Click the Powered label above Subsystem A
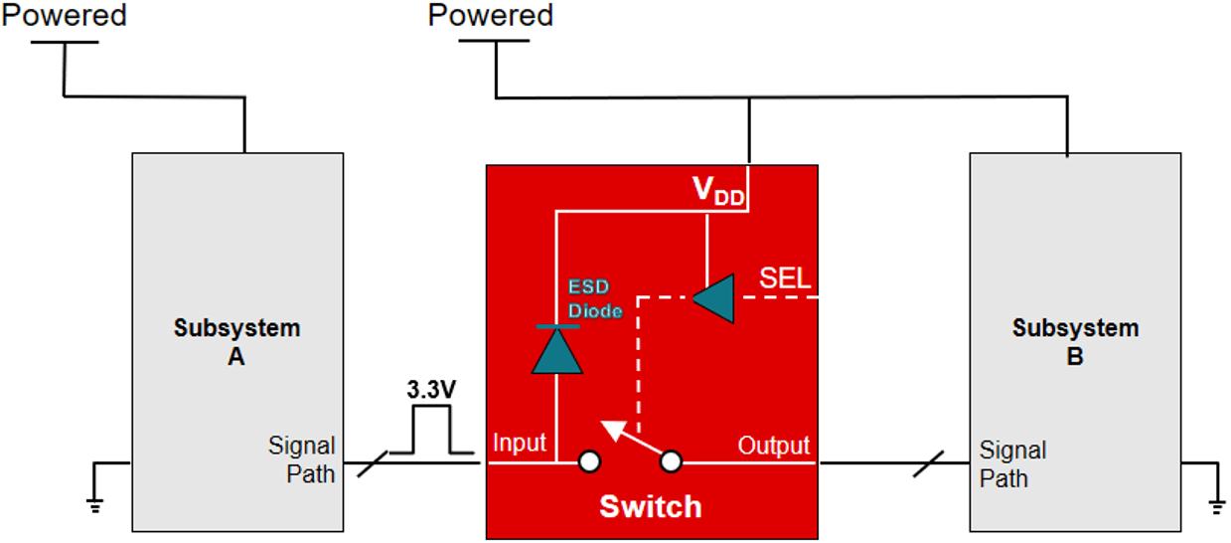coord(66,16)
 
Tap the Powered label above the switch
coord(491,16)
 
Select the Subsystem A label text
coord(236,341)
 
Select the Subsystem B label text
coord(1074,341)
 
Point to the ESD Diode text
coord(595,298)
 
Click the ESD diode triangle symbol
coord(555,349)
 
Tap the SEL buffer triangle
coord(713,298)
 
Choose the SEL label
coord(785,278)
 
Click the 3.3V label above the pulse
coord(431,390)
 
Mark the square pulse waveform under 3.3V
coord(431,433)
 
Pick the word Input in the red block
coord(520,444)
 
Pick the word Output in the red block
coord(773,446)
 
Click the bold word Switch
coord(651,506)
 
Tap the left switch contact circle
coord(590,461)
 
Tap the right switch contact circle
coord(672,461)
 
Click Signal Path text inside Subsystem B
coord(1012,464)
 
